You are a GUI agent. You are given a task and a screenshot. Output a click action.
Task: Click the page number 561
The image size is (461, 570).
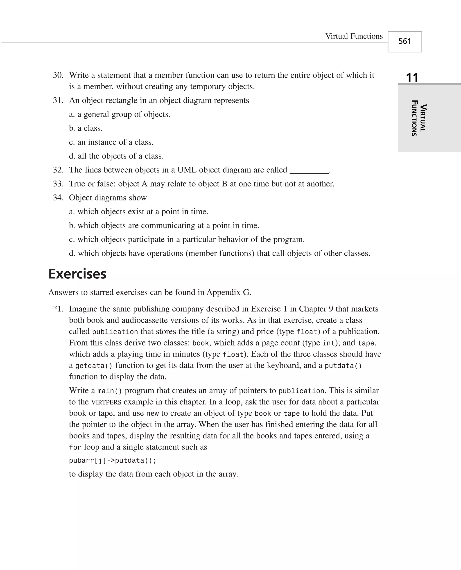tap(405, 41)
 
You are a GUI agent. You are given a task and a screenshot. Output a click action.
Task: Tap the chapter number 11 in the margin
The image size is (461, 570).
tap(412, 78)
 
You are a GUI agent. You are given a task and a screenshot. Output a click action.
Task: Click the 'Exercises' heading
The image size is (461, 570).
tap(77, 274)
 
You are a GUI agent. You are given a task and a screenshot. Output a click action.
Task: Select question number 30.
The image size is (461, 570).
tap(58, 75)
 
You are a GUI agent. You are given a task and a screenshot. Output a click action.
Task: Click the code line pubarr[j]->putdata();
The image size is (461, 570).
tap(113, 460)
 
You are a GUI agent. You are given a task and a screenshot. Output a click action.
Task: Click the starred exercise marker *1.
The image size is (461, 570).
tap(59, 309)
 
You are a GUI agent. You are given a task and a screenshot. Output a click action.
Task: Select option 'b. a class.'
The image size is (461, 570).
tap(86, 128)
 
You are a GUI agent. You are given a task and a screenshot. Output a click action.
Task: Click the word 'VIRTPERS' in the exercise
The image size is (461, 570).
tap(106, 402)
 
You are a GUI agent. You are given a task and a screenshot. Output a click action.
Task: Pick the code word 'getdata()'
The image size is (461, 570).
tap(94, 366)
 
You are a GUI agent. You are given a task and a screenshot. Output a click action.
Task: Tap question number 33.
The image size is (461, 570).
tap(58, 184)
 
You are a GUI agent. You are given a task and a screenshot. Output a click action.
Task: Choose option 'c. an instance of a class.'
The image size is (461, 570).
tap(111, 142)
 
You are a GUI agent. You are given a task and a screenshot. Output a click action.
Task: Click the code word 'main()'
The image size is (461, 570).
tap(109, 391)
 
